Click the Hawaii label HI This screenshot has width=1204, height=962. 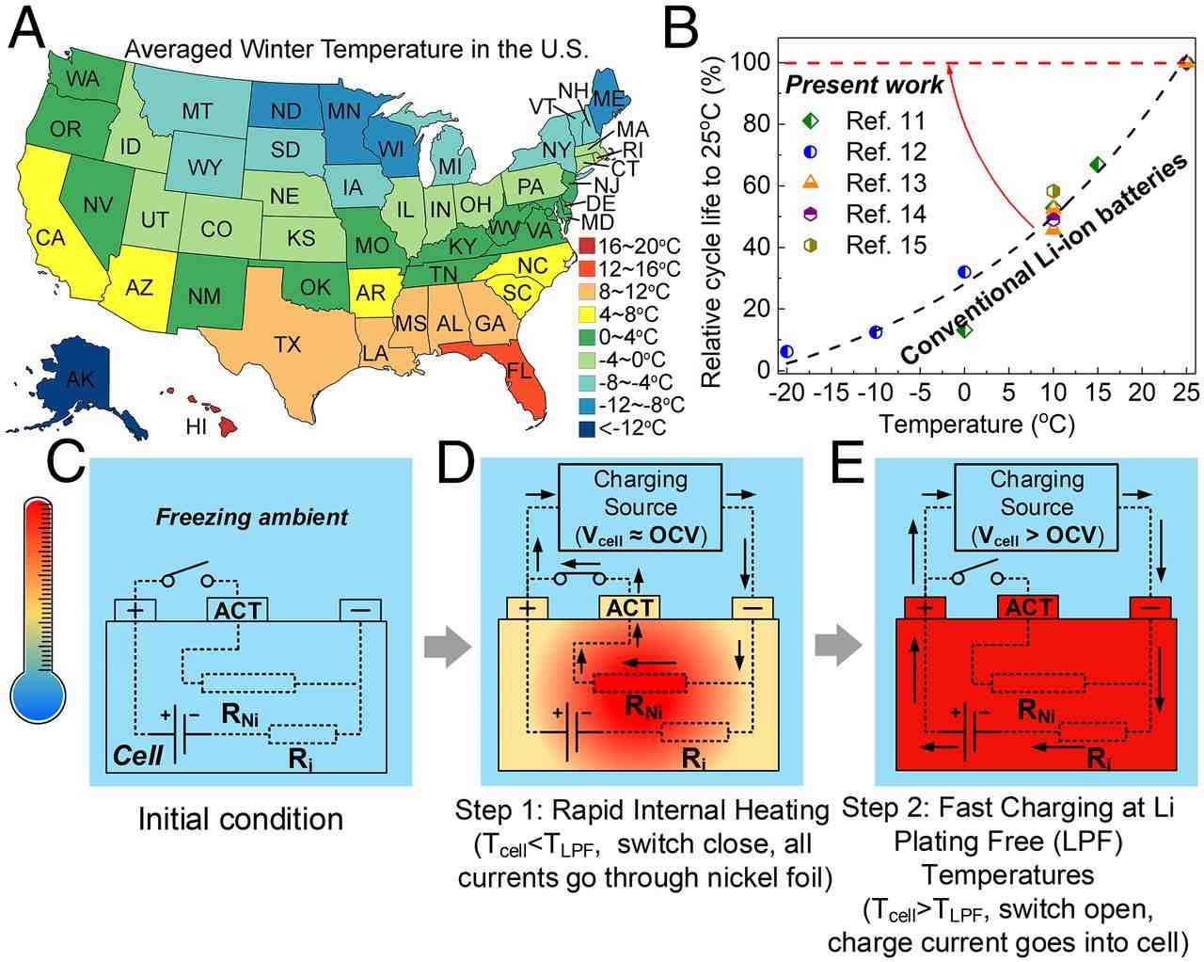click(196, 427)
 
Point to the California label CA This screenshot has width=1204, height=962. click(50, 238)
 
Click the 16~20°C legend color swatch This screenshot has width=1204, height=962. click(586, 247)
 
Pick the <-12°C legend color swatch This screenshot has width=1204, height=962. click(586, 427)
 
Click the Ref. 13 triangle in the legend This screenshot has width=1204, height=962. click(811, 184)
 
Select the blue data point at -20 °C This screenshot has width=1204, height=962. click(786, 351)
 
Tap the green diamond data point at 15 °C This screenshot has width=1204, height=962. click(1097, 164)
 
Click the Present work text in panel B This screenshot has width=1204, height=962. click(863, 86)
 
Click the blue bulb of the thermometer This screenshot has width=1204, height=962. click(38, 697)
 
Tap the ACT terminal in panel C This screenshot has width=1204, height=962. click(237, 609)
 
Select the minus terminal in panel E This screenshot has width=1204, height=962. click(1150, 609)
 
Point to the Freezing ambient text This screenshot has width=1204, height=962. click(251, 516)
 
